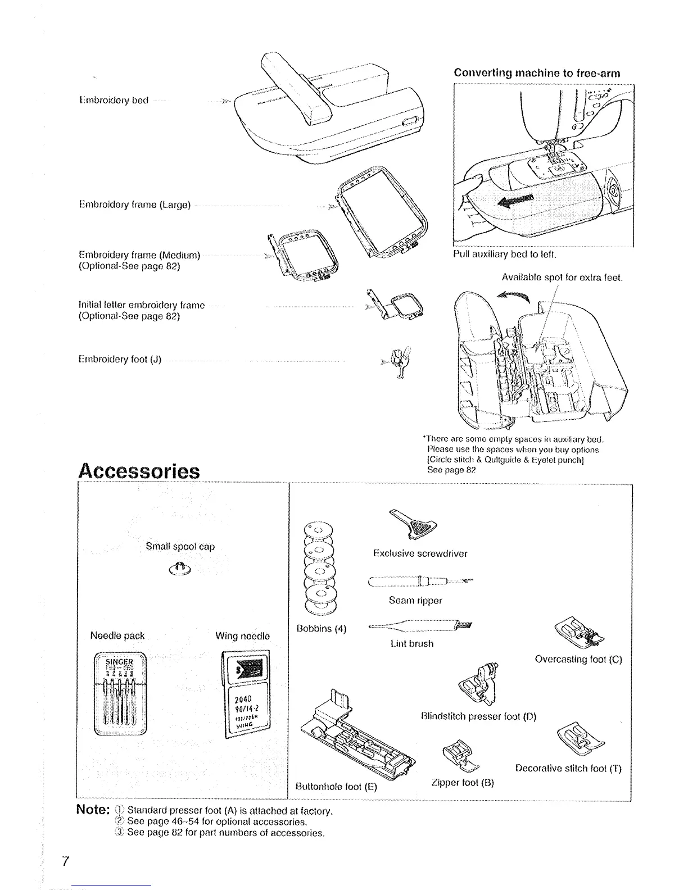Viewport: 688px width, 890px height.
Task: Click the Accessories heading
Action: pyautogui.click(x=138, y=470)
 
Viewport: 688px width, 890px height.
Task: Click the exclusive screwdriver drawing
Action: pyautogui.click(x=413, y=523)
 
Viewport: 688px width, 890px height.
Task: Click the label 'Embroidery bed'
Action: pyautogui.click(x=113, y=101)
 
